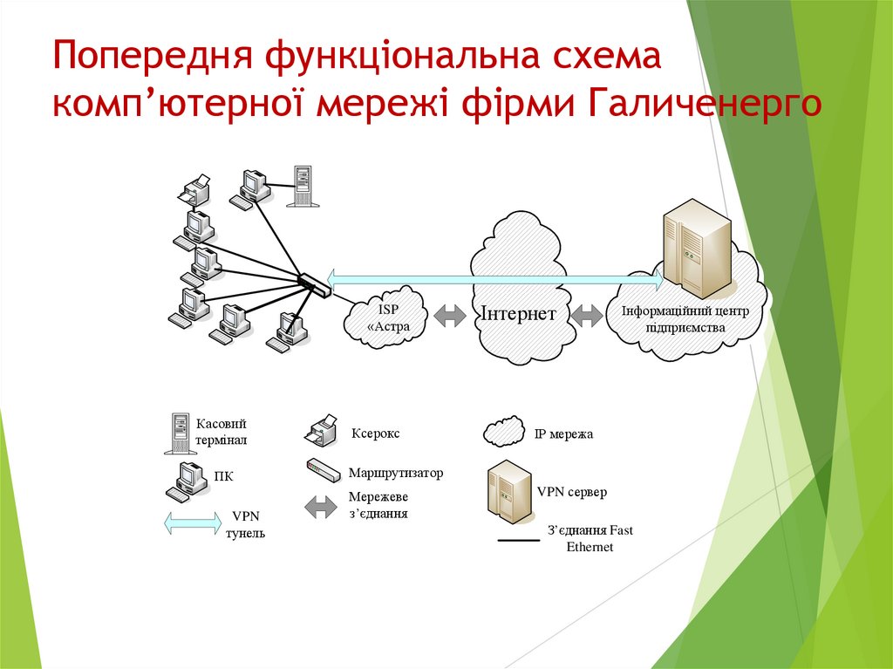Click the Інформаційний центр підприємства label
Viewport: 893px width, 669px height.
(685, 319)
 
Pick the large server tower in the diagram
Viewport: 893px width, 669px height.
(696, 249)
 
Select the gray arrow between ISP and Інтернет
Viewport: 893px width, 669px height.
(450, 315)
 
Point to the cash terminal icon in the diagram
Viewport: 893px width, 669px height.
(302, 186)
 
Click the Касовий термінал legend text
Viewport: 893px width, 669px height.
(222, 431)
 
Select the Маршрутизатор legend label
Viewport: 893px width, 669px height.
(396, 473)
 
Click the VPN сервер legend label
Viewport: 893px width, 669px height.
(571, 492)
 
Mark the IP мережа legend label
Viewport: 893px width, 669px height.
(562, 433)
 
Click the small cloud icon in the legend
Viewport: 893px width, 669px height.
(503, 431)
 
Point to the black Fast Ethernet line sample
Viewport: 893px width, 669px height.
(518, 541)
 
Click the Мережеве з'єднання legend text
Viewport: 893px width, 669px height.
(378, 505)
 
